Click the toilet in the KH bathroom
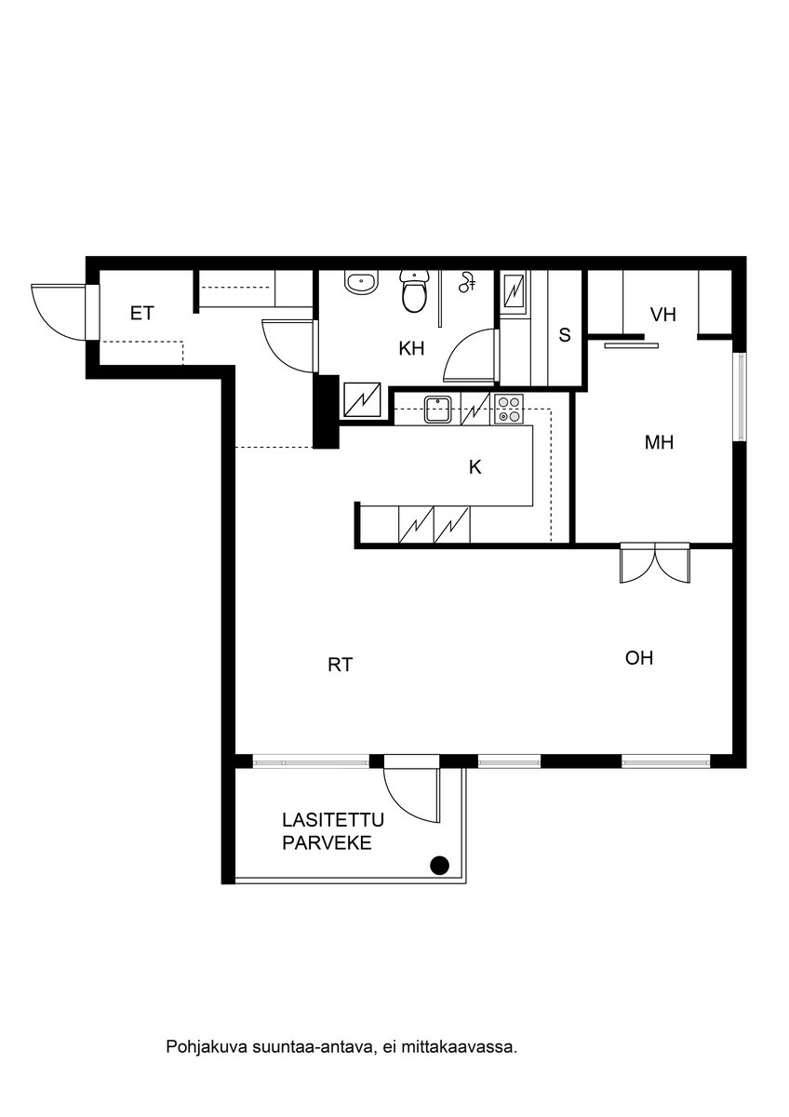coord(414,293)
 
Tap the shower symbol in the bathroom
coord(468,280)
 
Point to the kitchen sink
coord(437,405)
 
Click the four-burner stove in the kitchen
coord(508,410)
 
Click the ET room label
coord(141,314)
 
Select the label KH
coord(411,349)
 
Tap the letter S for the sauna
coord(564,336)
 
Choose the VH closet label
coord(662,316)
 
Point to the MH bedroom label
coord(659,443)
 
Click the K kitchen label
coord(475,467)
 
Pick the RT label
coord(340,665)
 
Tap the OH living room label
coord(638,659)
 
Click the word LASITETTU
coord(332,820)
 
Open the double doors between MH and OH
coord(655,564)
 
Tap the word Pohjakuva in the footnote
coord(199,1047)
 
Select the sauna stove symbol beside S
coord(514,294)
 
